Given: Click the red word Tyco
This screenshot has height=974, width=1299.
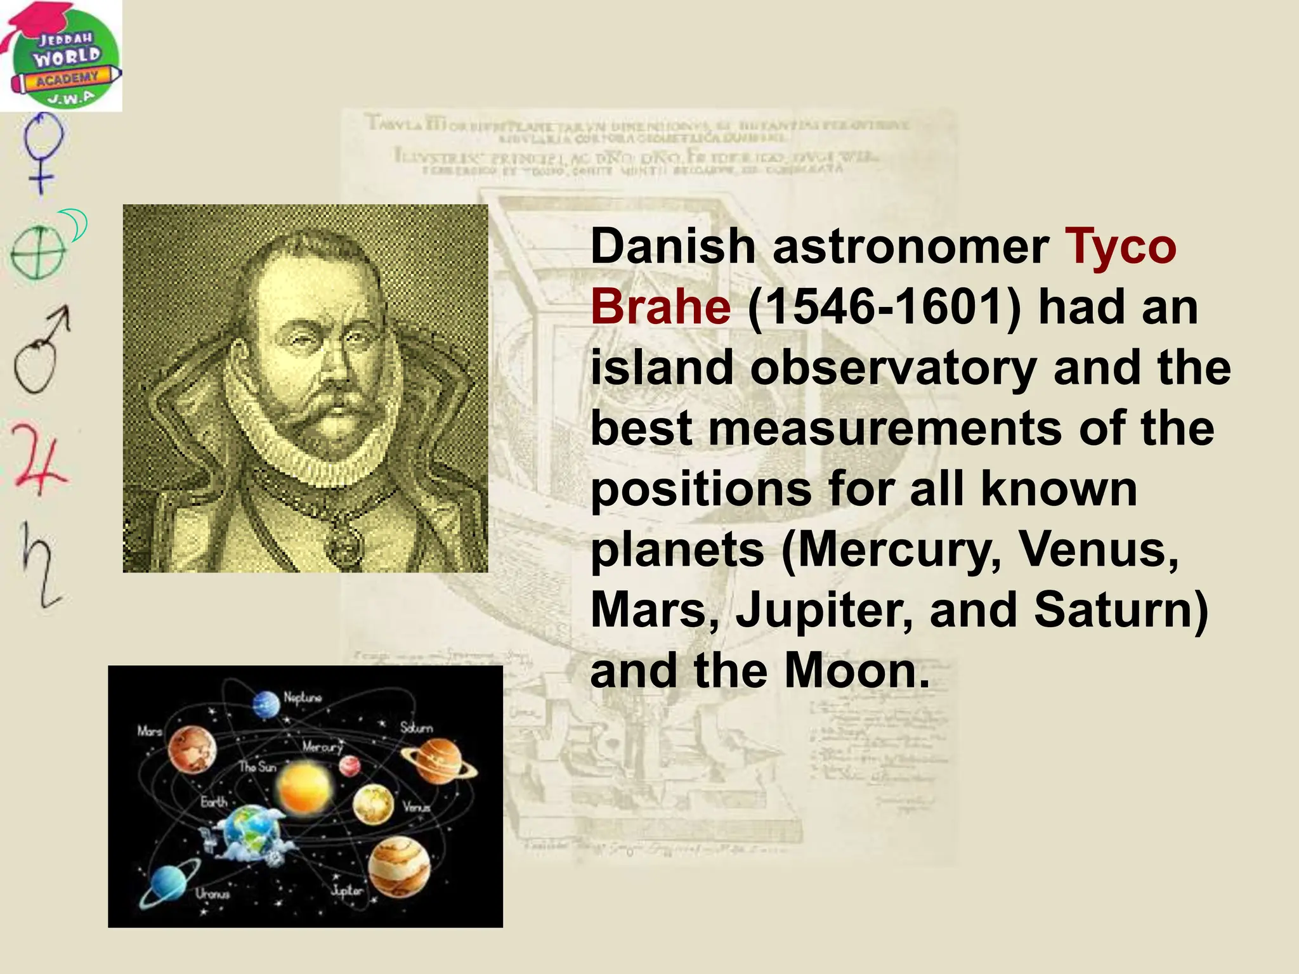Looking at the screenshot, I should pos(1121,247).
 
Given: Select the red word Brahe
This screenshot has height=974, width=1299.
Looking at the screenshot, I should pos(660,308).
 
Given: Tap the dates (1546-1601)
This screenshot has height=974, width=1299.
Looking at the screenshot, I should pos(885,308).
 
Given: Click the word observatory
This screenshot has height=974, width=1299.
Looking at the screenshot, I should pos(893,368).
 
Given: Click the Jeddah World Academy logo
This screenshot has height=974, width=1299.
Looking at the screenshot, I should pos(61,56).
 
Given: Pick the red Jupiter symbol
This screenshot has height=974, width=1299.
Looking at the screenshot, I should pos(39,457).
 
